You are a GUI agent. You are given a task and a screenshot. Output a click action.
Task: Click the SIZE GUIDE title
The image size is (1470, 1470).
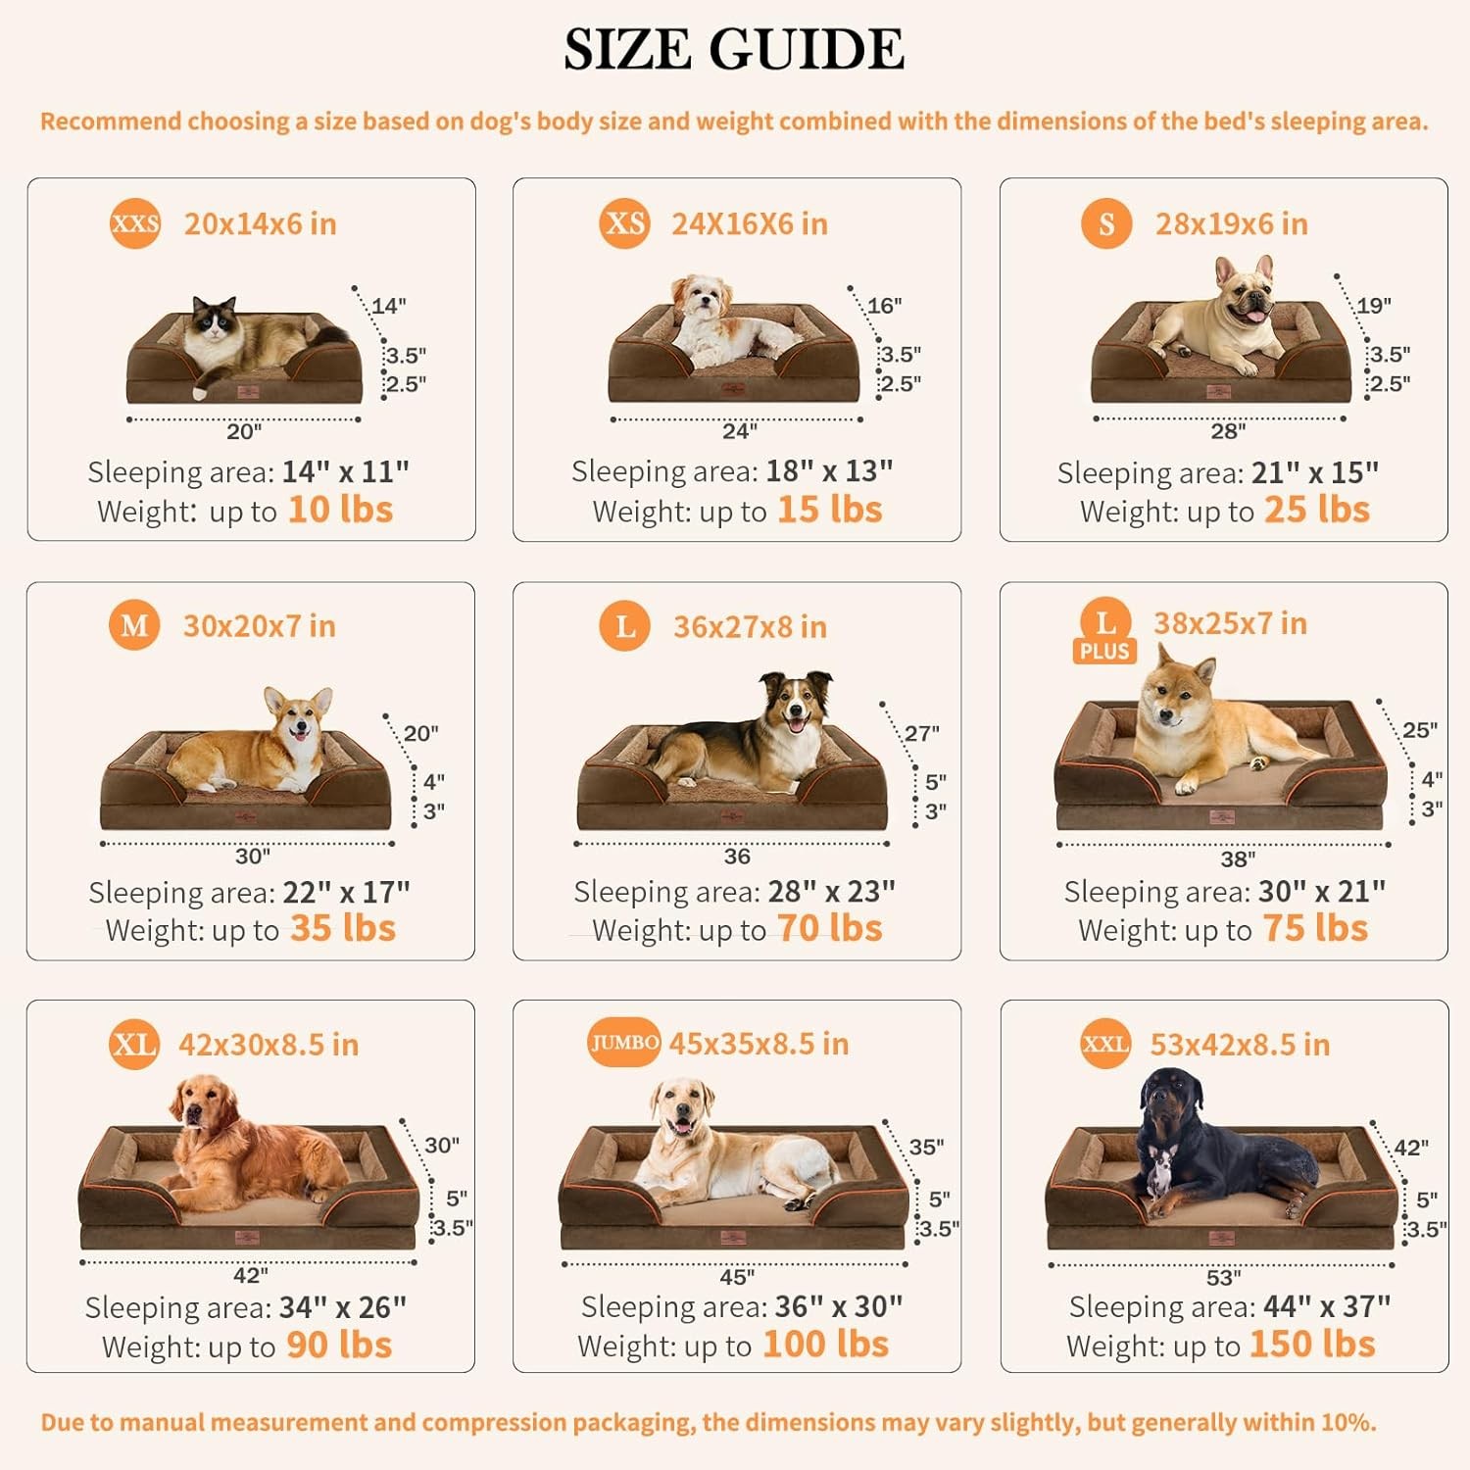tap(734, 49)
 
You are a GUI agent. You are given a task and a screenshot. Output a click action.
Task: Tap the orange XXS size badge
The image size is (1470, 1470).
tap(134, 223)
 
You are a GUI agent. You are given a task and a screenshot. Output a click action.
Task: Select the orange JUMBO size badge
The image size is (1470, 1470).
tap(624, 1043)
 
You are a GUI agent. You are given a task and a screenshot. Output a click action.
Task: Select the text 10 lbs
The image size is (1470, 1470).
tap(340, 511)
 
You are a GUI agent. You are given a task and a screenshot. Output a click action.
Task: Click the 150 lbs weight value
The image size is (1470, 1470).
tap(1313, 1345)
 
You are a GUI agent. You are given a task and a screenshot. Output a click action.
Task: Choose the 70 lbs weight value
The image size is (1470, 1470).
tap(829, 929)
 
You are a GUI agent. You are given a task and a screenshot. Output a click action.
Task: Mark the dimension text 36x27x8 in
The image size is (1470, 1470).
tap(750, 627)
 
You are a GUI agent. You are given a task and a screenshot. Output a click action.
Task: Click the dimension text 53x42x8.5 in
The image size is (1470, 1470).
tap(1240, 1045)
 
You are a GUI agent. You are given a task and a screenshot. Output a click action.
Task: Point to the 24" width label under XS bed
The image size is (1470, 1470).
tap(739, 431)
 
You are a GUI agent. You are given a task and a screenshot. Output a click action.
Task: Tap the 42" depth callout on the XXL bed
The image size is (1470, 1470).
tap(1410, 1148)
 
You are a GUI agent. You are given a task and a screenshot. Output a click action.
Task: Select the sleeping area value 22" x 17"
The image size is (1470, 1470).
tap(346, 893)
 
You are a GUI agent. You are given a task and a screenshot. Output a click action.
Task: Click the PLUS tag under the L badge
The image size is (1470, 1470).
tap(1104, 652)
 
